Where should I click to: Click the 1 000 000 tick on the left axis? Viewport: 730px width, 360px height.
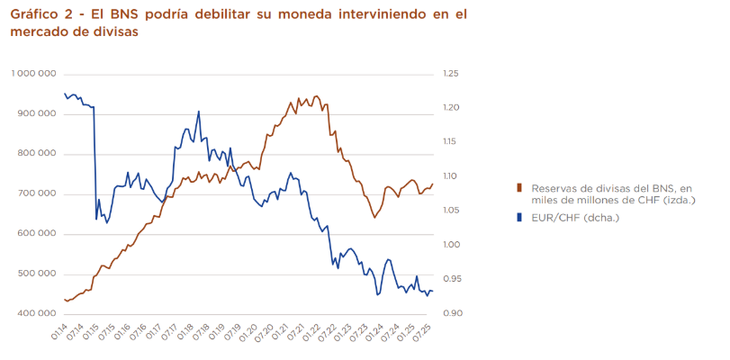(34, 74)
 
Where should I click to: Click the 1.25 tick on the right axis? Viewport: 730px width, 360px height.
(451, 74)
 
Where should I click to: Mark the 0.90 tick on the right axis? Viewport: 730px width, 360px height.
(451, 313)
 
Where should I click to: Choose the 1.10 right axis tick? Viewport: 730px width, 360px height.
(451, 176)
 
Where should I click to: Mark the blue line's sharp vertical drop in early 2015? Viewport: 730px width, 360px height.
(95, 162)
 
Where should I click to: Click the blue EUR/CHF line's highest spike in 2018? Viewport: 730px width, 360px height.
(198, 112)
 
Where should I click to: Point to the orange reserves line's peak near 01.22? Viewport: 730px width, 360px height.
(315, 95)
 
